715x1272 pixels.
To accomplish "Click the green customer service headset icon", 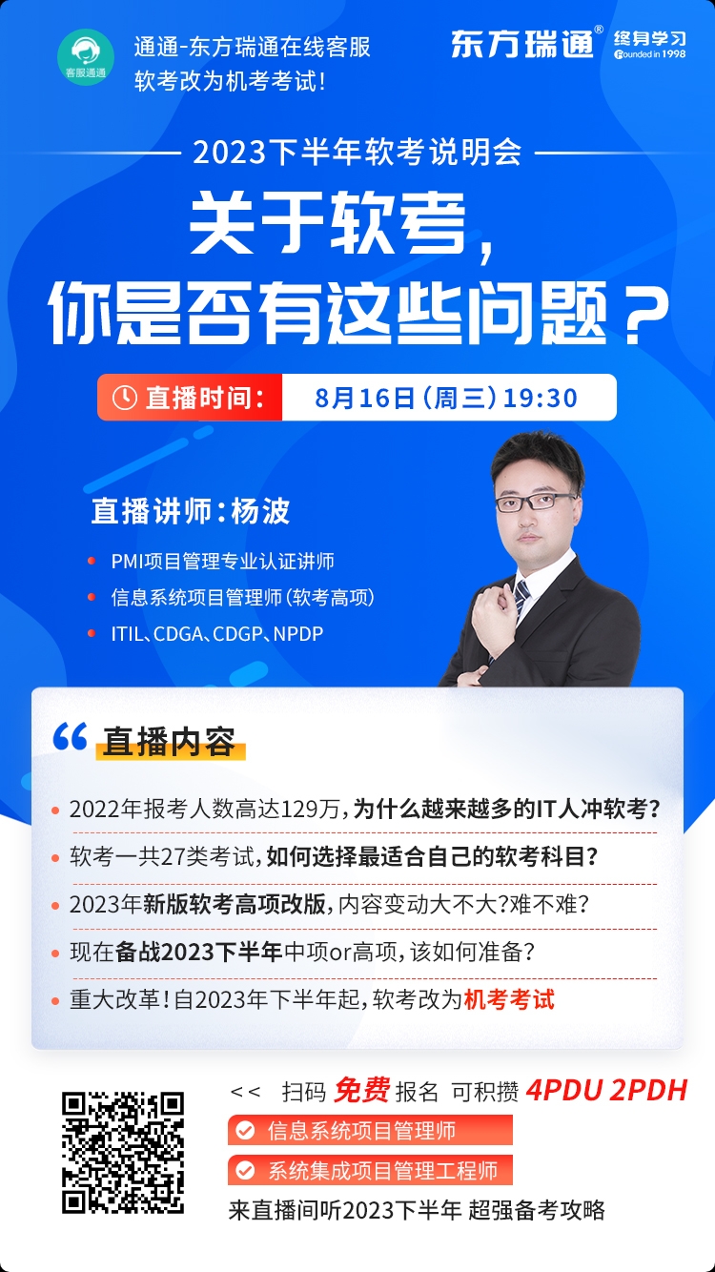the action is coord(85,57).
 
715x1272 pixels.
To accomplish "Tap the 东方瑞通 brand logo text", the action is coord(522,44).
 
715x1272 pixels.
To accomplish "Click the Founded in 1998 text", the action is coord(649,54).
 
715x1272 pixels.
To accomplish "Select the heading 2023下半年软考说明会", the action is coord(357,153).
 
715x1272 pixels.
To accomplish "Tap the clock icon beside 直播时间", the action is coord(124,398).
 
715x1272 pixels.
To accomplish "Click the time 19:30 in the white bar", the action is coord(541,398).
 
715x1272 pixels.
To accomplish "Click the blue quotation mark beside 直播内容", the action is coord(70,736).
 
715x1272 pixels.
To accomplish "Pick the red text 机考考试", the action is coord(509,999).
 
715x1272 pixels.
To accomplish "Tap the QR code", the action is coord(123,1152).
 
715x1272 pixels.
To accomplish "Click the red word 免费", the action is coord(361,1090).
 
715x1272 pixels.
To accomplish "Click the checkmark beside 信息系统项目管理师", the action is coord(245,1130).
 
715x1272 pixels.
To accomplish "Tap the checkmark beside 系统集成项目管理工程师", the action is coord(245,1170).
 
